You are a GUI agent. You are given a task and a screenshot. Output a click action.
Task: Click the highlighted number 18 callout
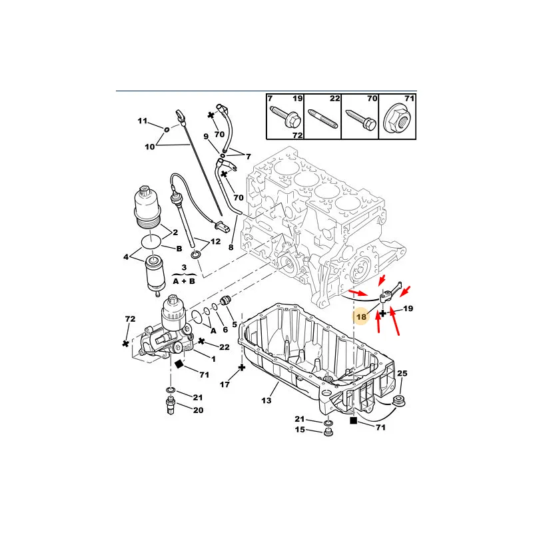[361, 317]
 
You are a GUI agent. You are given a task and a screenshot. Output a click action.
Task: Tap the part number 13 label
[266, 400]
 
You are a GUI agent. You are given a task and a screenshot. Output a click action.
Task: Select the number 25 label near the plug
[402, 373]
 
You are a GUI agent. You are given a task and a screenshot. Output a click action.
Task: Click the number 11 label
[143, 121]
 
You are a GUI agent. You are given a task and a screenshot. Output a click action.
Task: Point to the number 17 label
[225, 384]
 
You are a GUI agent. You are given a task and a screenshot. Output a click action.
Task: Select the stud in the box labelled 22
[323, 119]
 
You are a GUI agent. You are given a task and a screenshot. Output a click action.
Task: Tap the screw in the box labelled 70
[360, 120]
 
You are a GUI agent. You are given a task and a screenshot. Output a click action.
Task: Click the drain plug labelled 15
[328, 432]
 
